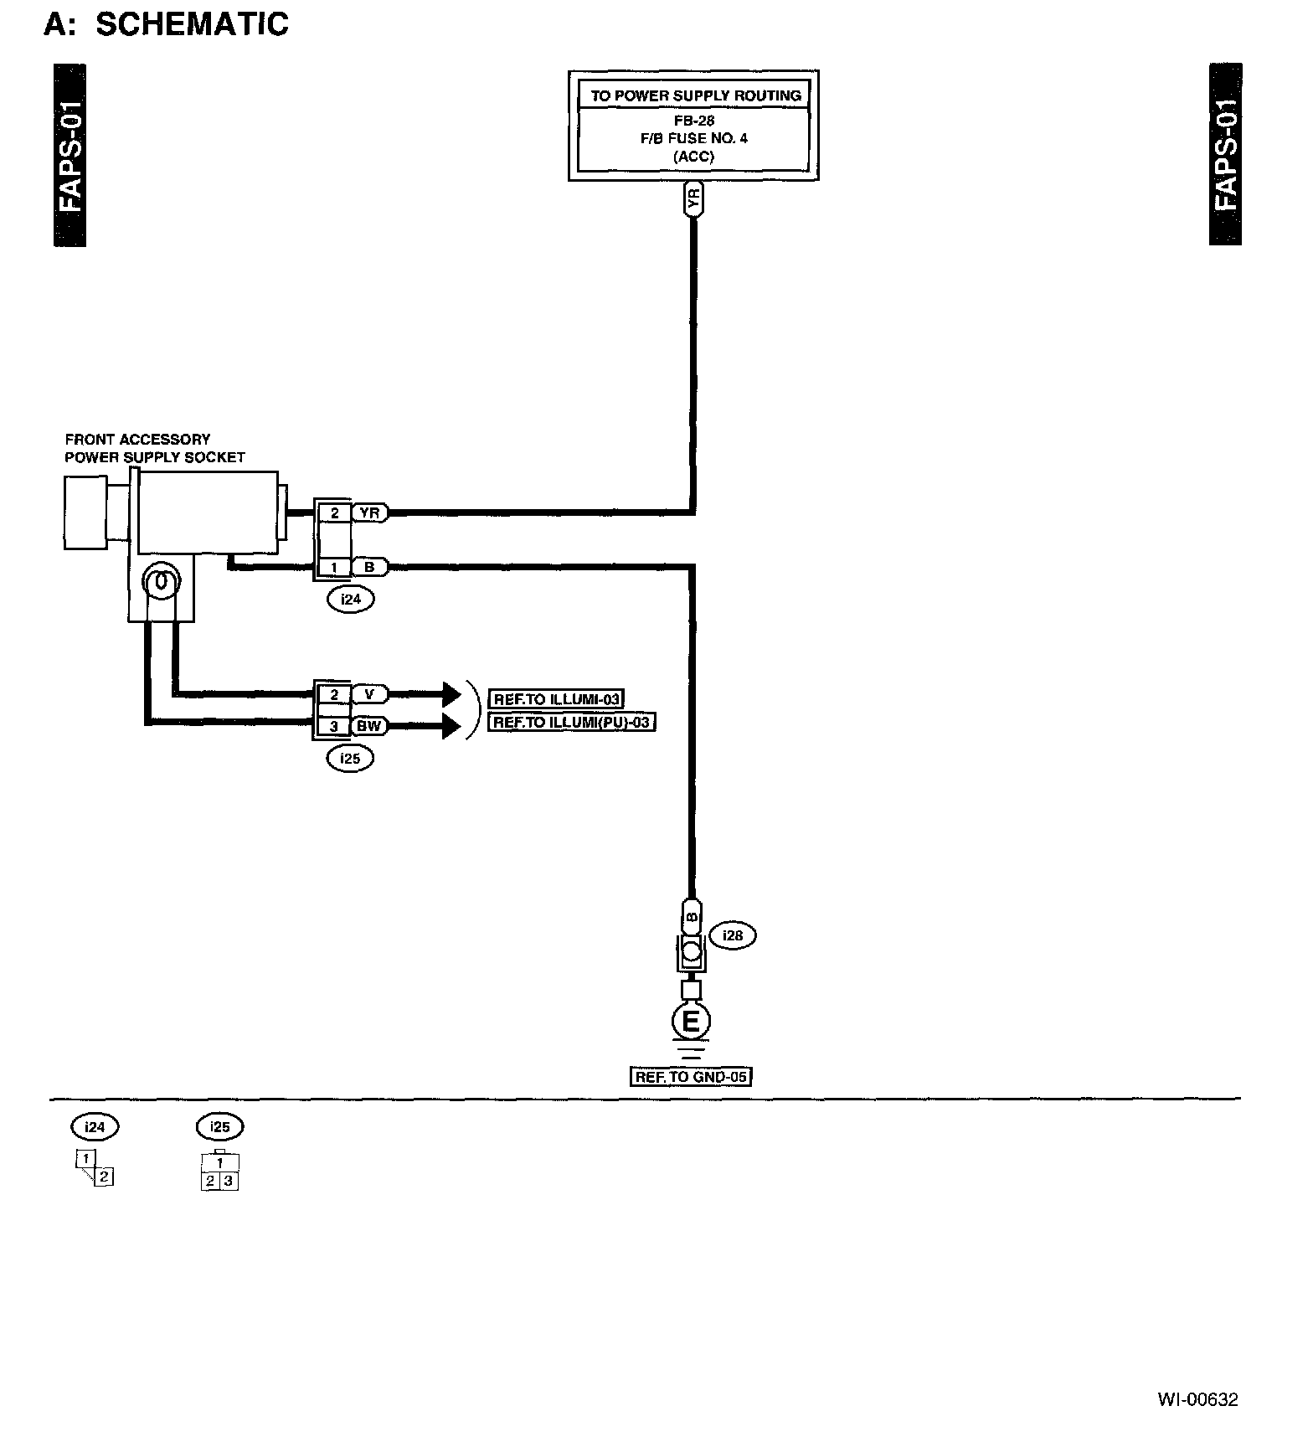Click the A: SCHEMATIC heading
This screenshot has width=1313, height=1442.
[166, 24]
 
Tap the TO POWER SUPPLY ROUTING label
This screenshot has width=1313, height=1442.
[695, 95]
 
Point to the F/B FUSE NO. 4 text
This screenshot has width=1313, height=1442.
[693, 139]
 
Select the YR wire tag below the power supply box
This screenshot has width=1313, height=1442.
[693, 200]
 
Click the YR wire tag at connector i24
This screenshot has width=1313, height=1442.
[369, 512]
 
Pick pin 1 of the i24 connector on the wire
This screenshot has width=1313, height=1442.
[334, 568]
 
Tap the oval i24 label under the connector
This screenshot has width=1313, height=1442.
[351, 599]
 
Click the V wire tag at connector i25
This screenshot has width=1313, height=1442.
[369, 694]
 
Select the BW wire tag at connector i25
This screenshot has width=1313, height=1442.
[369, 725]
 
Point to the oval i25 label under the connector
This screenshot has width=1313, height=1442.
[350, 758]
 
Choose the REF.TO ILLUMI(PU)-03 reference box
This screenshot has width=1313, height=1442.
[572, 722]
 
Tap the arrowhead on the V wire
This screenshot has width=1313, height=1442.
[451, 694]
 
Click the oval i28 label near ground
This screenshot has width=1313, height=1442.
[733, 935]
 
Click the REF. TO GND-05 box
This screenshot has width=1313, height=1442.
[691, 1077]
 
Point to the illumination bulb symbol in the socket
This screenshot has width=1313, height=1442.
[161, 580]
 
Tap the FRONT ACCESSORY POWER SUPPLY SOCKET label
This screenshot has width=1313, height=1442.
[155, 448]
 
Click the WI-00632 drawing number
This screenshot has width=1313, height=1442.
[1197, 1399]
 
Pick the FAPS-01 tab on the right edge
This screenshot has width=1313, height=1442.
[1225, 155]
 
